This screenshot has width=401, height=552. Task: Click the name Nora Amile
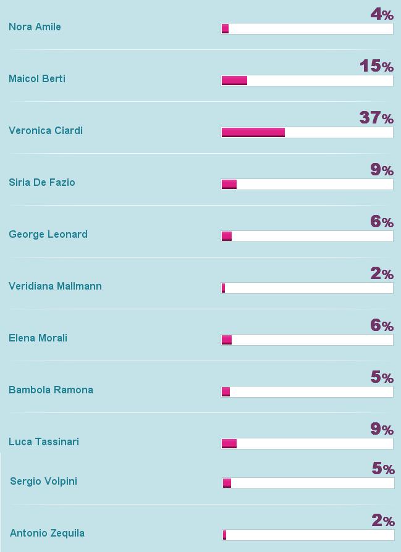click(35, 27)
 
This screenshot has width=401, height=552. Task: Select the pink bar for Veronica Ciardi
click(253, 132)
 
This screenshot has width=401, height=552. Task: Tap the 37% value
click(376, 117)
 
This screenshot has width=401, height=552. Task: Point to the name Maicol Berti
click(37, 79)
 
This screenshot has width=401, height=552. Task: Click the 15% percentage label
click(376, 65)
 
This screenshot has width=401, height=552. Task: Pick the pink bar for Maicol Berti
click(234, 80)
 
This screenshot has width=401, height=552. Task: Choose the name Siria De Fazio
click(42, 183)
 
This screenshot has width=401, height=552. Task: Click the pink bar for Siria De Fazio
click(229, 184)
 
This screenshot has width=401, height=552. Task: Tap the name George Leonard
click(48, 235)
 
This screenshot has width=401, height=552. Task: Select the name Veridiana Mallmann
click(55, 286)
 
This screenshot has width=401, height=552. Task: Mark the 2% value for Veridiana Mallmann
click(382, 273)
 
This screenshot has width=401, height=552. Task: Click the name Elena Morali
click(38, 338)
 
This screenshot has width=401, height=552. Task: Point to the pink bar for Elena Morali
click(227, 340)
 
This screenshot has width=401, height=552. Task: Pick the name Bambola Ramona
click(51, 390)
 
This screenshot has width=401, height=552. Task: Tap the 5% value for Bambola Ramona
click(382, 377)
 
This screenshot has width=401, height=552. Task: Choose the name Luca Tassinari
click(44, 442)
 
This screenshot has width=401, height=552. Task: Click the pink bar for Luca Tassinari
click(229, 443)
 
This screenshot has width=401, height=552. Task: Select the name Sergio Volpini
click(43, 482)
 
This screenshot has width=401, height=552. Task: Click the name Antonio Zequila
click(47, 533)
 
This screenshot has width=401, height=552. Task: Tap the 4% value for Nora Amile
click(382, 14)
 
